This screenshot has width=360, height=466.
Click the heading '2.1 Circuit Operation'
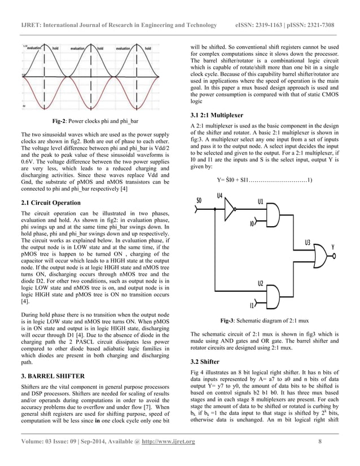[50, 202]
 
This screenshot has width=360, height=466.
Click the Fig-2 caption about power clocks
[96, 121]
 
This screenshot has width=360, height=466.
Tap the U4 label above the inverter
[220, 196]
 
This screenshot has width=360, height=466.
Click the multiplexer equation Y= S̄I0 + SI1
[265, 180]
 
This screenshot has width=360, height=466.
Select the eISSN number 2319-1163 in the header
[274, 25]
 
